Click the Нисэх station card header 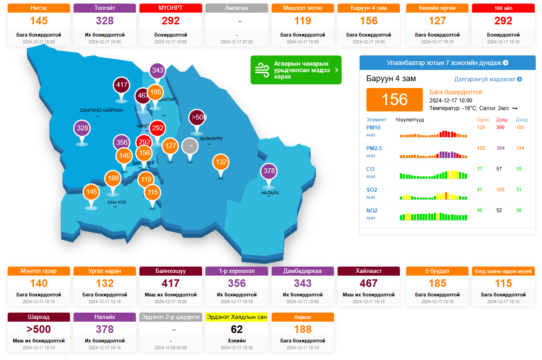[x=39, y=8]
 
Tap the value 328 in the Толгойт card [x=105, y=21]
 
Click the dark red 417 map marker [x=122, y=85]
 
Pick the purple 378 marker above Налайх [x=269, y=171]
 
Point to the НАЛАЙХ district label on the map [x=270, y=193]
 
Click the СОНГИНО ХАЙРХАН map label [x=101, y=110]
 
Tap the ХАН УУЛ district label [x=116, y=203]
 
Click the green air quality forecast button [x=296, y=70]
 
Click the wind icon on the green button [x=262, y=70]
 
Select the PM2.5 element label [x=374, y=148]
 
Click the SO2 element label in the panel [x=372, y=190]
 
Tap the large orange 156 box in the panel [x=394, y=99]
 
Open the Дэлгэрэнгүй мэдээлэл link [x=488, y=79]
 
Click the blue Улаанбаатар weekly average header [x=447, y=63]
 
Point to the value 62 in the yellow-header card [x=236, y=329]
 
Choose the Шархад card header [x=39, y=317]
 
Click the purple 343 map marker [x=158, y=70]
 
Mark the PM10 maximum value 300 [x=500, y=127]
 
